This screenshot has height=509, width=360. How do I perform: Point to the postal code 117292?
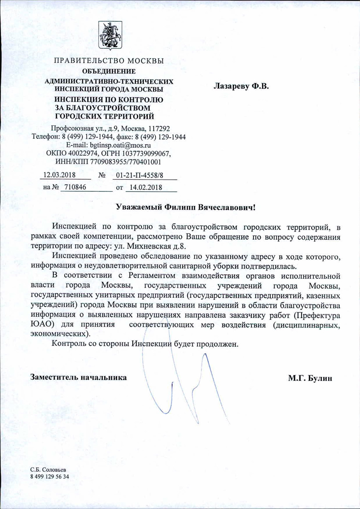pyautogui.click(x=159, y=128)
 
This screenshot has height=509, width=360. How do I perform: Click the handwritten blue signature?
pyautogui.click(x=187, y=382)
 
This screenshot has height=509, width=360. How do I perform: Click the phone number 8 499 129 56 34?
pyautogui.click(x=50, y=477)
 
